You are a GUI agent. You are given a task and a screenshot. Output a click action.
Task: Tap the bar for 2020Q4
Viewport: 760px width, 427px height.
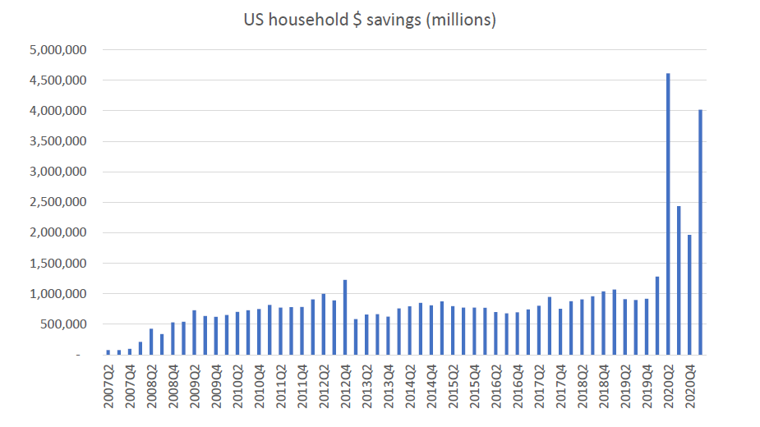click(x=689, y=295)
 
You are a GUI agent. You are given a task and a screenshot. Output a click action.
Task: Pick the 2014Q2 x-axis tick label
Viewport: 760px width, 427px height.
click(x=410, y=386)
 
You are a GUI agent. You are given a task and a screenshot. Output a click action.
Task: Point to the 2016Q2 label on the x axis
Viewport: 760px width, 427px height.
click(x=496, y=386)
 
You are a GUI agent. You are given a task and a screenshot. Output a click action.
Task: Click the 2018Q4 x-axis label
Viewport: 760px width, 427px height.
click(x=604, y=386)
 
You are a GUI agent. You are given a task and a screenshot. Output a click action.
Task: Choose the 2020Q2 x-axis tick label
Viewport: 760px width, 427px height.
click(x=668, y=386)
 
